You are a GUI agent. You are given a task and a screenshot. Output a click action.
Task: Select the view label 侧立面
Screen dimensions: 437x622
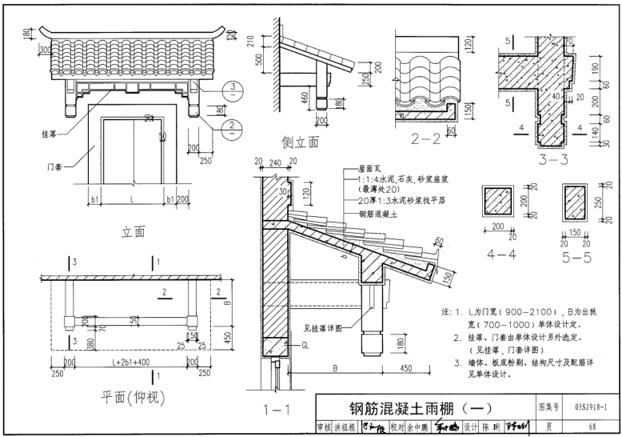click(x=300, y=142)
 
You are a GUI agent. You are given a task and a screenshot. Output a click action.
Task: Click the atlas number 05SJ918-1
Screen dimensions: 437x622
click(x=590, y=407)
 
